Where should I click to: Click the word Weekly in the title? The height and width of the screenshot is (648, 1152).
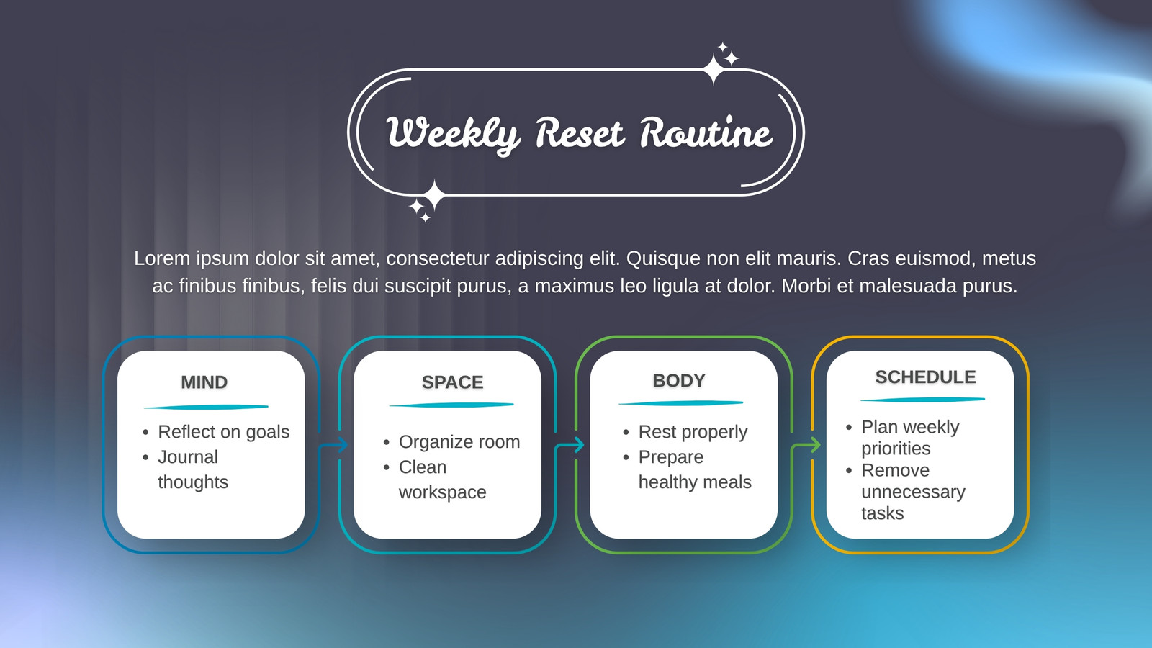coord(453,135)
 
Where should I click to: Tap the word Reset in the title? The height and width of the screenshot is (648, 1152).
coord(580,133)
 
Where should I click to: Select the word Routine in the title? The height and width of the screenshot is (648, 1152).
coord(706,132)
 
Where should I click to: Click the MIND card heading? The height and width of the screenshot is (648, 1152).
coord(204,382)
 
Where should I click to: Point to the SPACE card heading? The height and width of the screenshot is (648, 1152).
coord(453,382)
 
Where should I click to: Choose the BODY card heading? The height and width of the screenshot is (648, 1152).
coord(679,381)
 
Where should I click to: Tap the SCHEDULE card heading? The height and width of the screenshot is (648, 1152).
coord(926,377)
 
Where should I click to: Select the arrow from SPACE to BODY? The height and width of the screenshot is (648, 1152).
coord(570,444)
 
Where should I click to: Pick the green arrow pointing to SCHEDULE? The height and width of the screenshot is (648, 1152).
coord(806,444)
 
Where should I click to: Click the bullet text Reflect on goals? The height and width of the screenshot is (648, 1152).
coord(224,432)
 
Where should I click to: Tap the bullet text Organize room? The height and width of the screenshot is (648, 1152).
coord(459,442)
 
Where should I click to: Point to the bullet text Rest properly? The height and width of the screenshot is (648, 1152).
coord(693,432)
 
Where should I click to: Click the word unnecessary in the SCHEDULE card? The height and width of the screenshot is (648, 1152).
coord(914,492)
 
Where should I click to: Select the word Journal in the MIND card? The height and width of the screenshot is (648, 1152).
coord(188,456)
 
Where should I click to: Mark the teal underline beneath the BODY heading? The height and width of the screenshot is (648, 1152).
coord(681,403)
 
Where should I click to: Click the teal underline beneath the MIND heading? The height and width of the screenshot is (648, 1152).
coord(206,408)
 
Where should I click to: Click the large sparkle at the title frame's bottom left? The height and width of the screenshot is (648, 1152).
coord(434,195)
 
